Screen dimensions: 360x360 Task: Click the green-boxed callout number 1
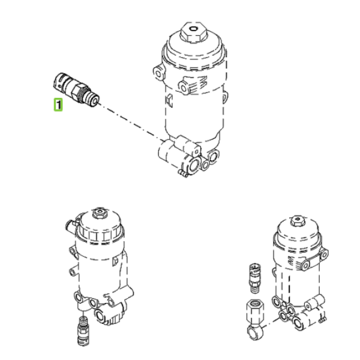tap(58, 104)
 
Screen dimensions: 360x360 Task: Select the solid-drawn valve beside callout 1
tap(76, 90)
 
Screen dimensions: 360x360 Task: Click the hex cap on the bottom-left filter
tap(100, 213)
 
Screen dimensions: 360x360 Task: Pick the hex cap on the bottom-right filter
tap(298, 221)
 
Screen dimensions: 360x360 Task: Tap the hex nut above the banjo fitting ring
tap(255, 311)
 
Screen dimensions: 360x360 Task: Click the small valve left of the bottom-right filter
tap(255, 278)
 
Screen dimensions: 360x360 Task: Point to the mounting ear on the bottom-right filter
tap(314, 259)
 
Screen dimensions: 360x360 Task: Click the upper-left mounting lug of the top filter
tap(158, 73)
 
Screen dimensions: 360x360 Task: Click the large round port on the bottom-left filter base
tap(101, 315)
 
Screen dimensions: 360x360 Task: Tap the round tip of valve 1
tap(94, 101)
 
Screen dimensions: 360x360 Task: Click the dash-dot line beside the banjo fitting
tap(271, 322)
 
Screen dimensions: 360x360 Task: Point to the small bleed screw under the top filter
tap(183, 173)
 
